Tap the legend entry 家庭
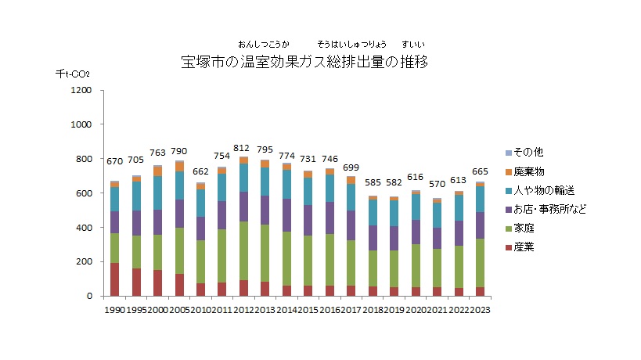(529, 228)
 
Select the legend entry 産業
(529, 247)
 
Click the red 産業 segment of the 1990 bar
(115, 279)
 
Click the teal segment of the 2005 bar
(179, 185)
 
